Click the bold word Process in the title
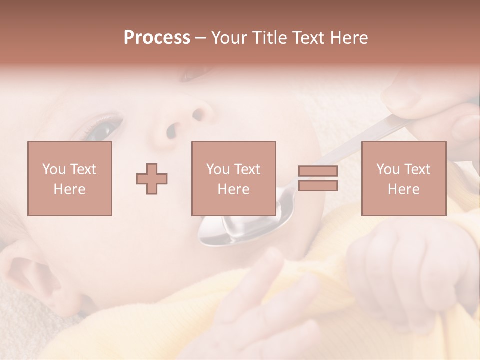tap(157, 38)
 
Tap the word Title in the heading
tap(269, 38)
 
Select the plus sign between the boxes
tap(152, 179)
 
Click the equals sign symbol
tap(318, 178)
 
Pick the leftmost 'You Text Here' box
tap(69, 178)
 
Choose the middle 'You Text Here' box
tap(233, 178)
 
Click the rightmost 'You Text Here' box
tap(403, 178)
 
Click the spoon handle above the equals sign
tap(350, 145)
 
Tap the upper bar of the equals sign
tap(318, 171)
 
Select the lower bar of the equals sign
tap(318, 186)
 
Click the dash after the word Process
tap(200, 38)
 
